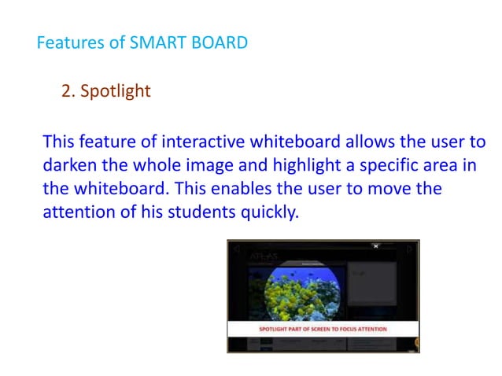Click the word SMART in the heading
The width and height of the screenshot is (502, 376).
(x=157, y=42)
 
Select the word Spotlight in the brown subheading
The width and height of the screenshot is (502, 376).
(x=115, y=91)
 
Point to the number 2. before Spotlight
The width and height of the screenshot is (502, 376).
(x=68, y=91)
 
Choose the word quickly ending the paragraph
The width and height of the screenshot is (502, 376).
(x=275, y=212)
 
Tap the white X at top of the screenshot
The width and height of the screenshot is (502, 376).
(x=376, y=246)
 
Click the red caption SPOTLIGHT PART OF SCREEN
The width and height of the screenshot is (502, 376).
(x=323, y=329)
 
